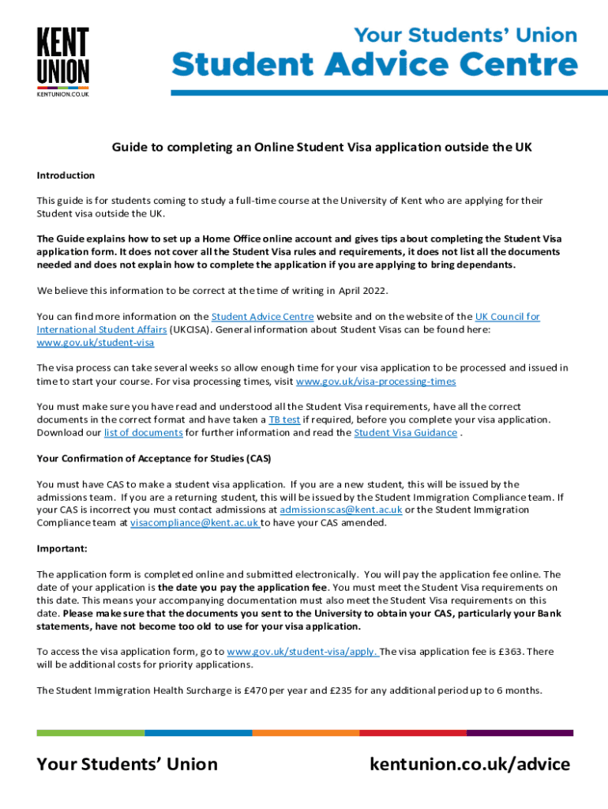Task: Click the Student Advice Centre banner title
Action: (375, 65)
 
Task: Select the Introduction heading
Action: (66, 175)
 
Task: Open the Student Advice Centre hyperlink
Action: (262, 317)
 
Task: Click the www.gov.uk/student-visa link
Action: (96, 343)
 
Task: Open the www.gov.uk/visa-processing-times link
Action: (376, 382)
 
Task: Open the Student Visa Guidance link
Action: (405, 433)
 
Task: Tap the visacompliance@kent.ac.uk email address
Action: (195, 522)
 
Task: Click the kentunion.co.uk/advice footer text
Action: (469, 764)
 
